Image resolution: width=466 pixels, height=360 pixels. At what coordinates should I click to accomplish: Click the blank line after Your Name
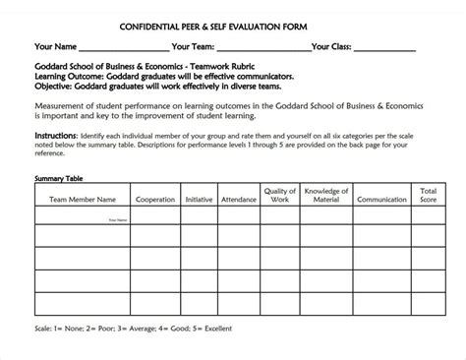coord(123,48)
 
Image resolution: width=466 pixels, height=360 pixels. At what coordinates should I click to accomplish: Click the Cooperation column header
coord(155,198)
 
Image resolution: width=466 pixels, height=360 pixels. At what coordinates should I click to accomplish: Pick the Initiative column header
coord(200,198)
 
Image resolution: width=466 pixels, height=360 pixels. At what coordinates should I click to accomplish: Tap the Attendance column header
coord(239,198)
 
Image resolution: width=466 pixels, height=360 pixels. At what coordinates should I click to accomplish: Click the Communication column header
coord(382,198)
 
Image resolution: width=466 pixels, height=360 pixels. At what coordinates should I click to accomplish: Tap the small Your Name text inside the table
coord(118,219)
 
